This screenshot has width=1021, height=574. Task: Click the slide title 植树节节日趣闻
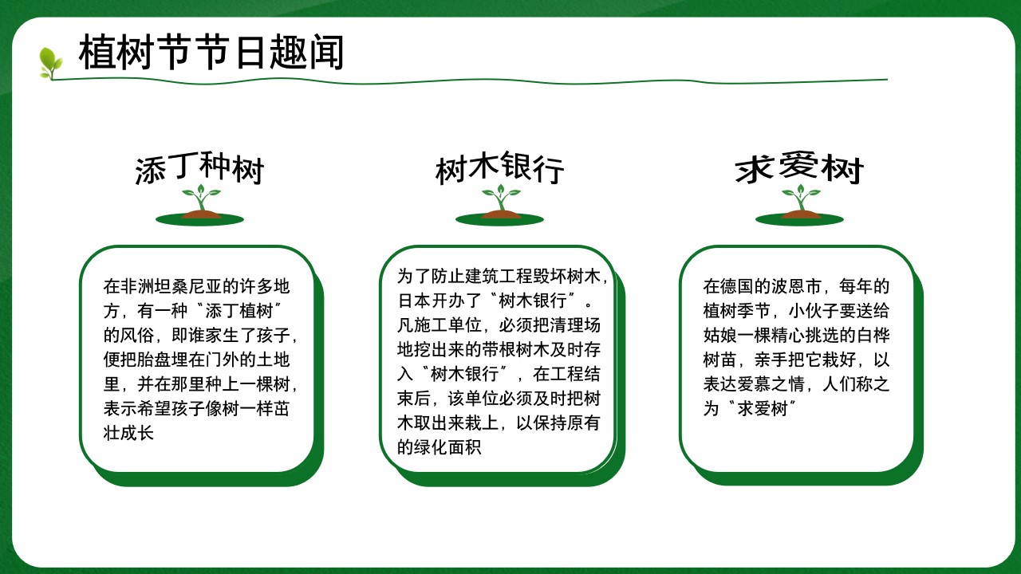[211, 53]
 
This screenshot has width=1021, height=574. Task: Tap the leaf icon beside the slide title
[50, 63]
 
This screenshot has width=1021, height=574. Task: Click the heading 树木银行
[500, 168]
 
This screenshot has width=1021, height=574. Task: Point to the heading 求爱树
[799, 168]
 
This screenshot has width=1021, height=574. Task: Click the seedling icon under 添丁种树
[199, 205]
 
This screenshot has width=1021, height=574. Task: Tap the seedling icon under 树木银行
[499, 205]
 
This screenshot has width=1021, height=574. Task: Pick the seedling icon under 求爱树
[799, 205]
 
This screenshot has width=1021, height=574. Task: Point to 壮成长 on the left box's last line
[128, 433]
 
